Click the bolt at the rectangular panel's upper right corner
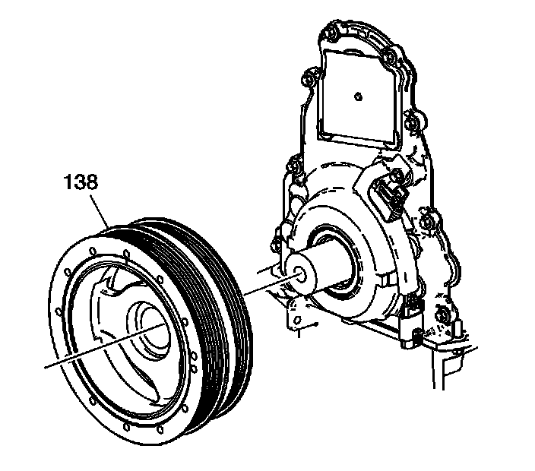389,56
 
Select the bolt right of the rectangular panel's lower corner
414,120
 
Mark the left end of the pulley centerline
47,366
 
